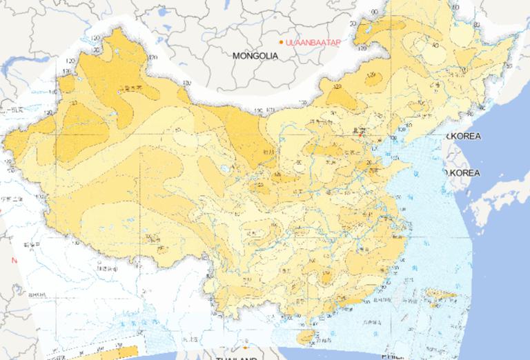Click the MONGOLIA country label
click(255, 55)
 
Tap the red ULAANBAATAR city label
click(315, 43)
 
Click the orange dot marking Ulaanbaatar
click(281, 43)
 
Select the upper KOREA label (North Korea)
click(463, 137)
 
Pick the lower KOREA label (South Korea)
click(462, 172)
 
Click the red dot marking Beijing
click(360, 135)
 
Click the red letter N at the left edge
click(14, 261)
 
